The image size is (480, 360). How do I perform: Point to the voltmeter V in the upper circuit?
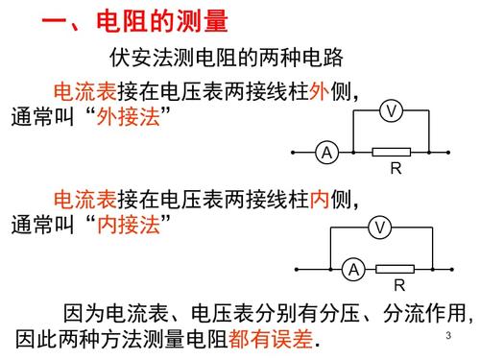[x=390, y=112]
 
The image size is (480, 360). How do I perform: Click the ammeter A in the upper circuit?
[x=326, y=153]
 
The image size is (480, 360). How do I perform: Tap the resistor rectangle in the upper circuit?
[x=391, y=152]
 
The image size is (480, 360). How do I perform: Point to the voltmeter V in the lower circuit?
[x=380, y=228]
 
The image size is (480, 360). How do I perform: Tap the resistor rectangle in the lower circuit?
[x=395, y=269]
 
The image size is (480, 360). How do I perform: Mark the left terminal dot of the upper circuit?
[x=293, y=153]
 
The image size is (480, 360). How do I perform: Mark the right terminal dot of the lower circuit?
[x=450, y=269]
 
